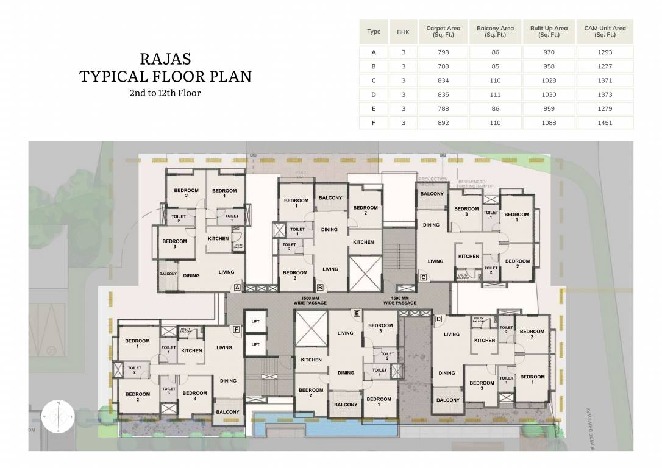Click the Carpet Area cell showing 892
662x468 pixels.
tap(443, 122)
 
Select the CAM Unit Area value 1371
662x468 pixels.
tap(605, 80)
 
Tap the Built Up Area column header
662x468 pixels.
tap(549, 32)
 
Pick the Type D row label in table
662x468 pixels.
tap(374, 94)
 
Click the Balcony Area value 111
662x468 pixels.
tap(495, 94)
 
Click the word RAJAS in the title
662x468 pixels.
tap(165, 59)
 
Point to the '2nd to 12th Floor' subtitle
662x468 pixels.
tap(165, 93)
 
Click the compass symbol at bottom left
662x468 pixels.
tap(58, 416)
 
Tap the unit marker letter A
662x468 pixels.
tap(237, 287)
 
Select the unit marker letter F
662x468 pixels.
tap(235, 330)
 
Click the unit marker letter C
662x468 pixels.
tap(423, 278)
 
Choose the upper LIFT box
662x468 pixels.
tap(255, 322)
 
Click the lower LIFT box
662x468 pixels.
tap(255, 345)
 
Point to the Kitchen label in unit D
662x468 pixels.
tap(485, 341)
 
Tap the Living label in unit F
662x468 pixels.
tap(224, 347)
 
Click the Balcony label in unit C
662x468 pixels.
tap(432, 194)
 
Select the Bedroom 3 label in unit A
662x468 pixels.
tap(174, 244)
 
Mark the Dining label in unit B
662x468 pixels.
tap(329, 230)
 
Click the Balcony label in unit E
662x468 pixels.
tap(346, 405)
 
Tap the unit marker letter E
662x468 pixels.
tap(357, 314)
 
